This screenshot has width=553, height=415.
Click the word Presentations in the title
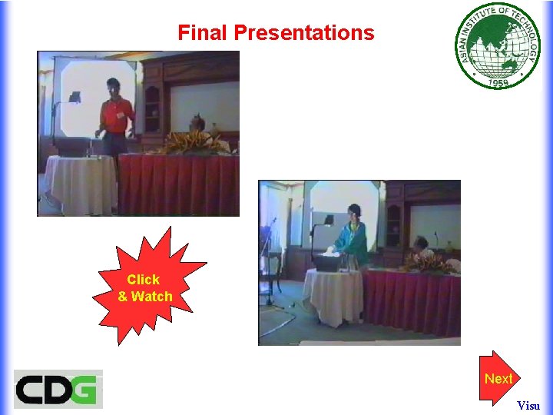[x=304, y=33]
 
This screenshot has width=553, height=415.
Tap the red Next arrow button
[x=498, y=378]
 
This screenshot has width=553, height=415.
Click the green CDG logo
[x=58, y=389]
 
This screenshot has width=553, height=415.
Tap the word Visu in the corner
[x=528, y=405]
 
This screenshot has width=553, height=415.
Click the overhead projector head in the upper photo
[x=75, y=97]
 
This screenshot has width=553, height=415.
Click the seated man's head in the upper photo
[x=197, y=123]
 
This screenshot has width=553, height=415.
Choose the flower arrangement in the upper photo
[x=189, y=142]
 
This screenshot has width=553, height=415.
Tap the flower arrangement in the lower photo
[x=427, y=263]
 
